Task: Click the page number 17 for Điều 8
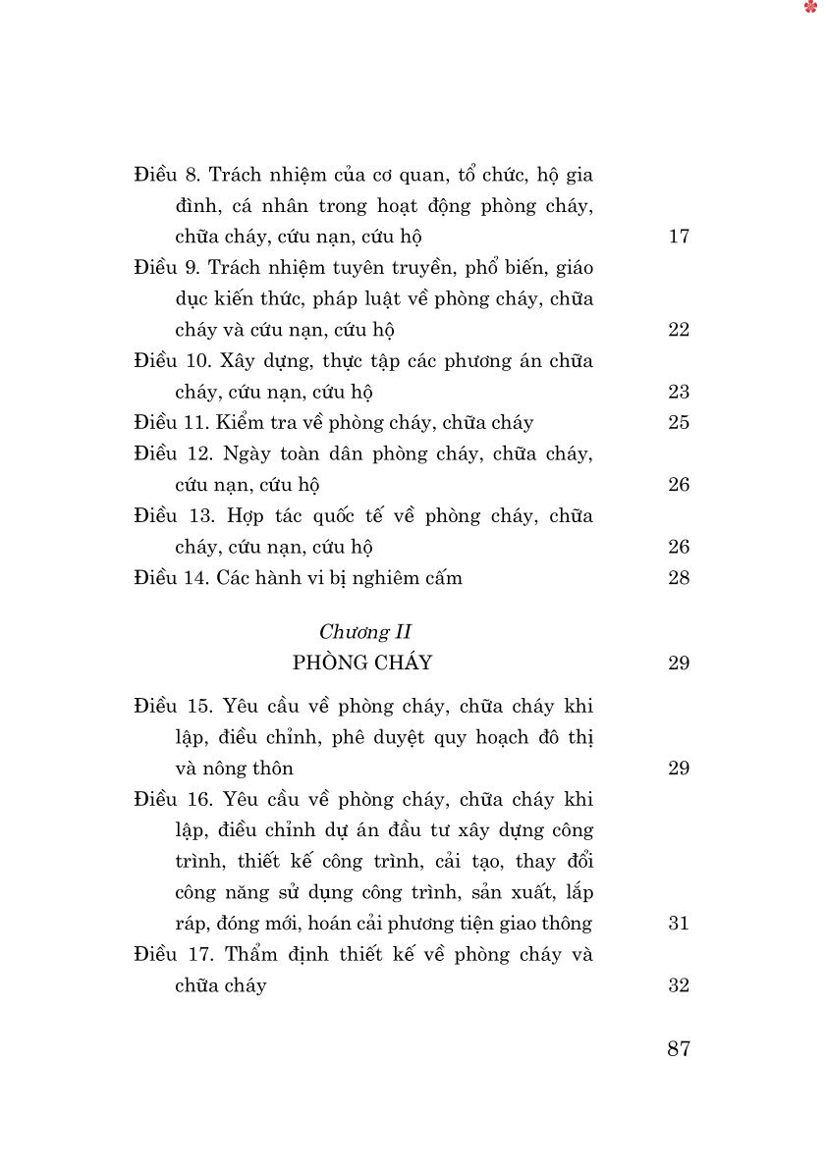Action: (679, 237)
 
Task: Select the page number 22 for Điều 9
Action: (679, 330)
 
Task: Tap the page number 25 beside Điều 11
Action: (679, 423)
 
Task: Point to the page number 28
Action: (679, 578)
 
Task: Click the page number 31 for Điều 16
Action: (679, 924)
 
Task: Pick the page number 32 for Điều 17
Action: (679, 985)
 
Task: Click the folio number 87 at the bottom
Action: (679, 1049)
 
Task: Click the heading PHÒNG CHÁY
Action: (362, 664)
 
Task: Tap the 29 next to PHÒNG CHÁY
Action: (679, 664)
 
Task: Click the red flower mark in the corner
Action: (810, 8)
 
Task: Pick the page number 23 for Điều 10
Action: (679, 393)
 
